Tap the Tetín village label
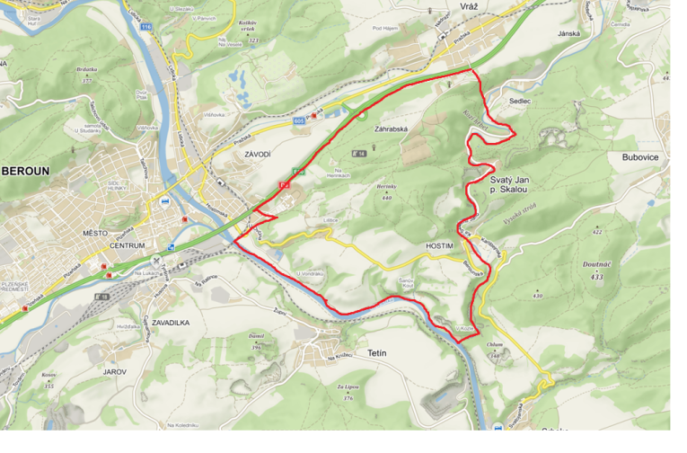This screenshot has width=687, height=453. tap(376, 352)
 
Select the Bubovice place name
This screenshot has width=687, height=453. tap(639, 156)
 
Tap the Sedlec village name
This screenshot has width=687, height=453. tap(521, 102)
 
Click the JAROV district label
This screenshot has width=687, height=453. tap(114, 370)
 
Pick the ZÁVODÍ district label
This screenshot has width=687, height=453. tap(257, 155)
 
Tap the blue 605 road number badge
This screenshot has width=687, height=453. tap(298, 120)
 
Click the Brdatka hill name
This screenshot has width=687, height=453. tap(86, 68)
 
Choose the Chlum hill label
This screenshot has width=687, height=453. tap(494, 344)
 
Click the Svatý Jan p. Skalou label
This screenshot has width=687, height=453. tap(510, 185)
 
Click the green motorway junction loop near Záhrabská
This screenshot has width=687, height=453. tap(362, 114)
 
